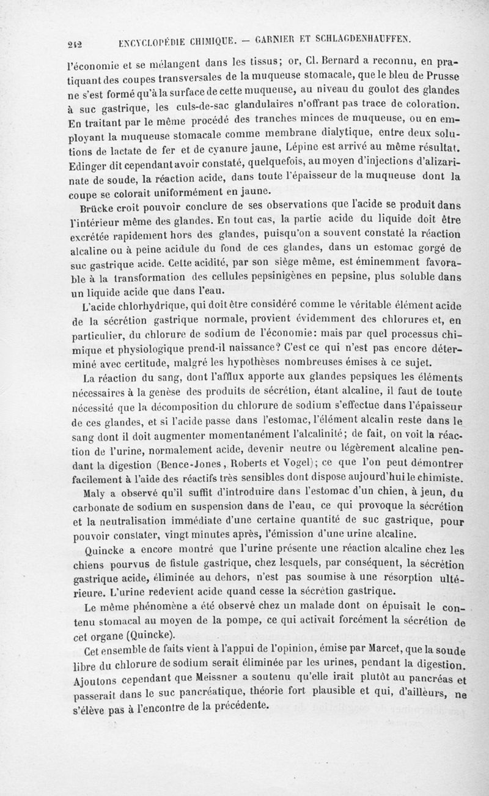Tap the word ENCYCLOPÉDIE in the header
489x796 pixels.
click(x=156, y=42)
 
